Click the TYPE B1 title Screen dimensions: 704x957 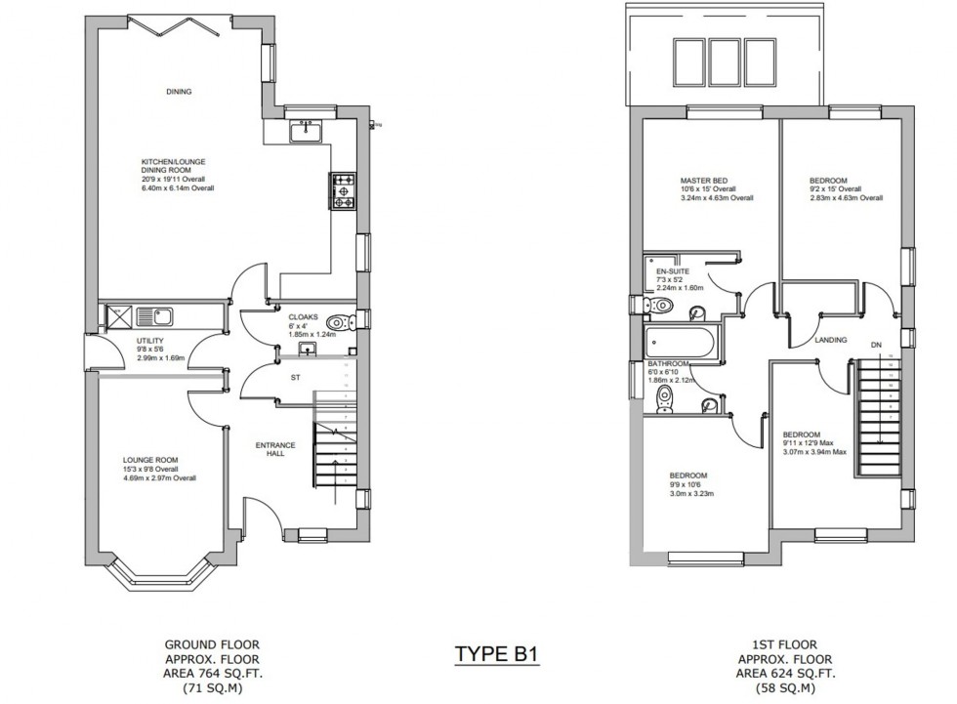(x=496, y=653)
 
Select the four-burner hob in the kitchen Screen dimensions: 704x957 (x=345, y=191)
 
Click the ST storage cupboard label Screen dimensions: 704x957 (x=292, y=375)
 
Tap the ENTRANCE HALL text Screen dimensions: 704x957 (x=270, y=449)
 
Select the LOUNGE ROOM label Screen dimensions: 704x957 (x=150, y=460)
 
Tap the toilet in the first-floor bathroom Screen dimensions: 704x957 (x=665, y=396)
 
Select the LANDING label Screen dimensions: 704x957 (x=830, y=340)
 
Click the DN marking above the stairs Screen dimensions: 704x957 (x=875, y=345)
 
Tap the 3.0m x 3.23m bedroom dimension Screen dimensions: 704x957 (x=690, y=494)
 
